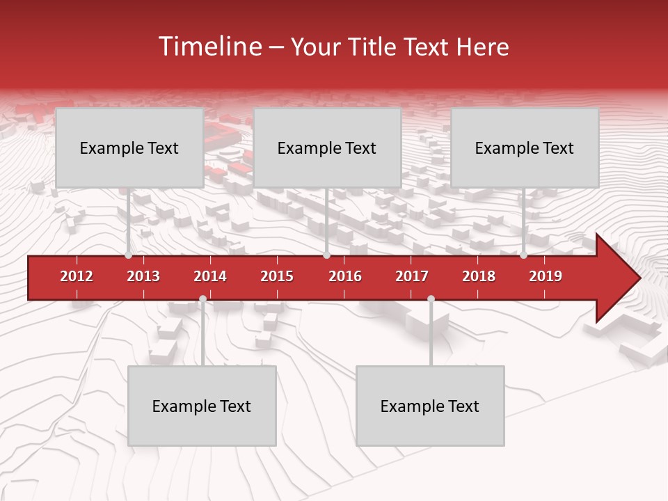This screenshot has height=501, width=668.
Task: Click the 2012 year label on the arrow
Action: (x=77, y=276)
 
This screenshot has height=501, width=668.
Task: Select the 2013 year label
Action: (x=143, y=276)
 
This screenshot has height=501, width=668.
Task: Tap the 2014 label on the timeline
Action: (x=210, y=276)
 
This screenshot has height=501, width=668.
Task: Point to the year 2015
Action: (x=277, y=276)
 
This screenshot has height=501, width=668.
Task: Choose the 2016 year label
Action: (x=345, y=276)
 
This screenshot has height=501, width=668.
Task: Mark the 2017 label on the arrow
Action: (x=412, y=276)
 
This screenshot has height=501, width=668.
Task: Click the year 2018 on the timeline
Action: (x=479, y=276)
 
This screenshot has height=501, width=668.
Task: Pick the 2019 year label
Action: (x=546, y=276)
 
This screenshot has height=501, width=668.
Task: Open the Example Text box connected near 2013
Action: (x=129, y=148)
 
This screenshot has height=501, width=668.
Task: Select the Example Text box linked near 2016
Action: (x=327, y=148)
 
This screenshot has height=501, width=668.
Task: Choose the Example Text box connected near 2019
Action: (x=525, y=148)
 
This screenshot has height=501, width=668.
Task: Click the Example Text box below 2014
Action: (x=202, y=406)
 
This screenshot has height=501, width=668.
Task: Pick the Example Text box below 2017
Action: (x=430, y=406)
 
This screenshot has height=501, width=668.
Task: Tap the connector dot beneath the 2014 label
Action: (x=202, y=299)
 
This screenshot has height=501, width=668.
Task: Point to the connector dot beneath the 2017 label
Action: (x=431, y=299)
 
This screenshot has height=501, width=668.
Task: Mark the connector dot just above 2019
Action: (x=524, y=255)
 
